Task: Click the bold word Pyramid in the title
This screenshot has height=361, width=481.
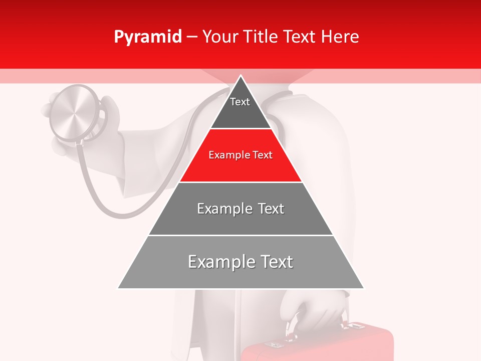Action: click(x=147, y=37)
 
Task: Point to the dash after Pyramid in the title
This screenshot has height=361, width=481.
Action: click(x=192, y=37)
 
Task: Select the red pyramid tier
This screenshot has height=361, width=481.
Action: click(x=241, y=155)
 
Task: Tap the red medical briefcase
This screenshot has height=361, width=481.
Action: click(x=321, y=346)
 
